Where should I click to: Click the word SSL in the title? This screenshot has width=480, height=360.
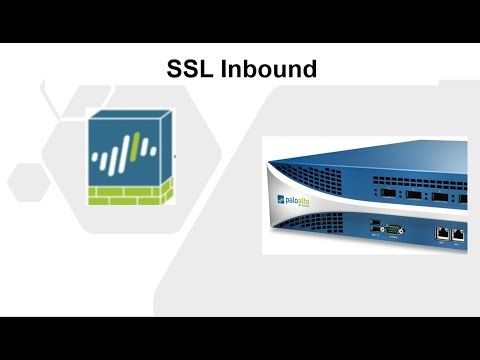coord(188,69)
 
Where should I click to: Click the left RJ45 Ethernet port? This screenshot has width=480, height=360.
coord(442,233)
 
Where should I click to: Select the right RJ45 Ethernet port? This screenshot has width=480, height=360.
coord(458,233)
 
